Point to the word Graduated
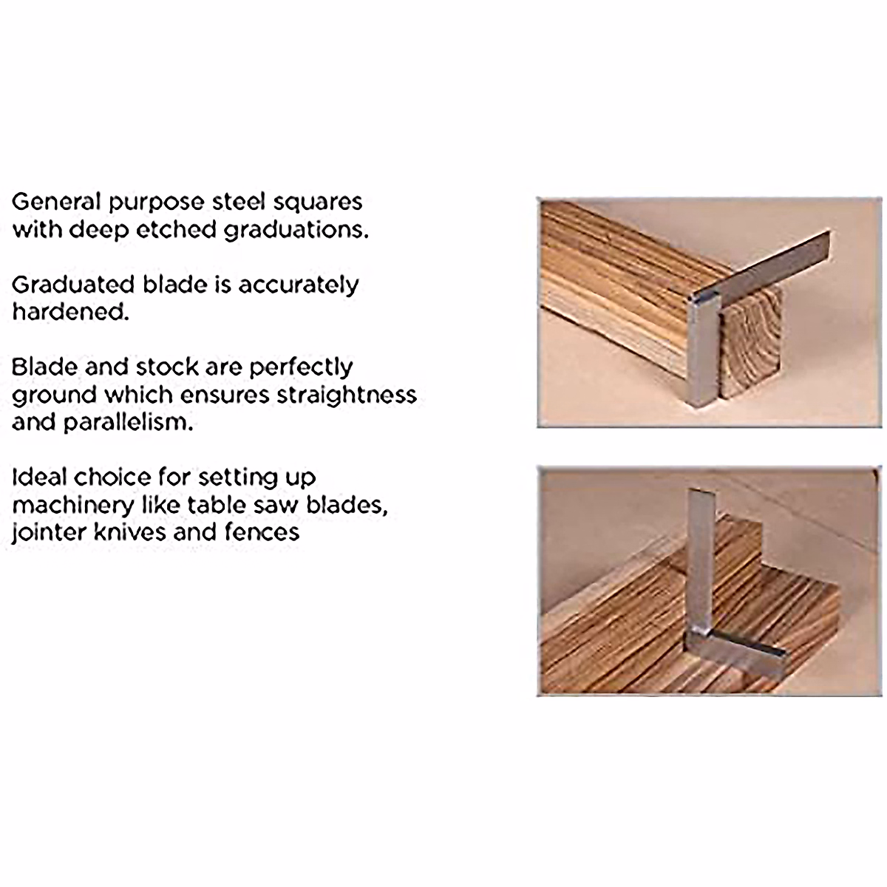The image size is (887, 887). click(x=74, y=285)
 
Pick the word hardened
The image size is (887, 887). click(x=69, y=311)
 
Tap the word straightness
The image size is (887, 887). click(x=347, y=394)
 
